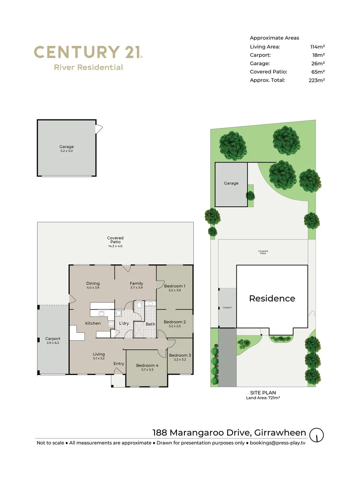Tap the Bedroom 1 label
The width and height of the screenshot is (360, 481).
tap(175, 286)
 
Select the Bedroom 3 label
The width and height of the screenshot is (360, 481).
tap(180, 355)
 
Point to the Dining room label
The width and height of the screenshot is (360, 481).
tap(93, 284)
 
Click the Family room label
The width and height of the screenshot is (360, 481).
tap(136, 284)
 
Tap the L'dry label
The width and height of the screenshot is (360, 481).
tap(124, 323)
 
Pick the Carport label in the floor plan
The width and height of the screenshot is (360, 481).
tap(53, 339)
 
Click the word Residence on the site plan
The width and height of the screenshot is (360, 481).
tap(272, 298)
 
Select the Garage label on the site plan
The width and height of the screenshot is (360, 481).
tap(231, 183)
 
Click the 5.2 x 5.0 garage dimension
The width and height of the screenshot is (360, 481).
tap(66, 151)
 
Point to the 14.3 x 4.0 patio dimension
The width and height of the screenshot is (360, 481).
tap(115, 246)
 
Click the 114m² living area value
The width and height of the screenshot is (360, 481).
tap(318, 46)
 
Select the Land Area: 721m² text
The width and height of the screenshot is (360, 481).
tap(263, 398)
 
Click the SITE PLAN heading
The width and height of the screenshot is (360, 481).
tap(263, 392)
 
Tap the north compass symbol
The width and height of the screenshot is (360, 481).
tap(317, 434)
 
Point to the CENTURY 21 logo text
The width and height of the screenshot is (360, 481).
tap(88, 52)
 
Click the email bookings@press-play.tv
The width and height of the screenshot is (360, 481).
tap(278, 443)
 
